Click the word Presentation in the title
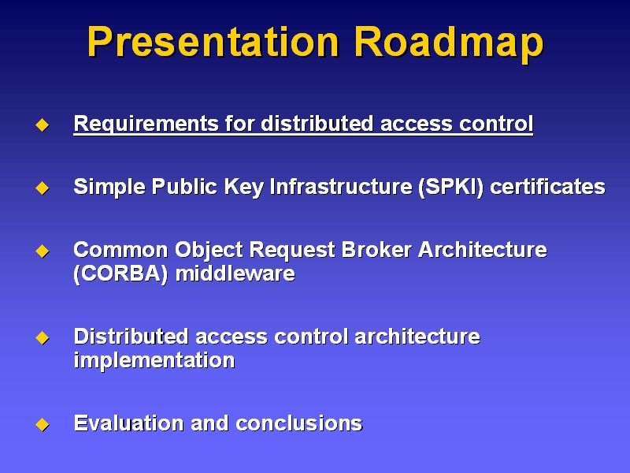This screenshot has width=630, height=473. click(213, 42)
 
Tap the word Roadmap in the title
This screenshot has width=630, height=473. click(449, 43)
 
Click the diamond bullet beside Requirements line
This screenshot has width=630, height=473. click(43, 125)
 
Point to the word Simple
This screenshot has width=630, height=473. click(109, 187)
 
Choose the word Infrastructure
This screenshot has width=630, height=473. click(341, 187)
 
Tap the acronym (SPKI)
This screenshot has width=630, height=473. click(450, 187)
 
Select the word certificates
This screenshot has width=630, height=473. click(547, 187)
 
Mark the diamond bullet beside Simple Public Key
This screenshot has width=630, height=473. click(43, 188)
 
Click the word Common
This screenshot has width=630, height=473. click(120, 250)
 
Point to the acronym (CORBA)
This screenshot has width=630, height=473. click(120, 274)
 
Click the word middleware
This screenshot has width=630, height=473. click(235, 274)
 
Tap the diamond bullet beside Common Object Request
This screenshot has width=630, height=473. click(43, 251)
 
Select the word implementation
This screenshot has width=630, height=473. click(154, 360)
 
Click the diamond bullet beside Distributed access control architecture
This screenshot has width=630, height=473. click(43, 338)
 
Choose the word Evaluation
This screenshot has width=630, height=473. click(129, 423)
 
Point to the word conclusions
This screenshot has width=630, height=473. click(299, 423)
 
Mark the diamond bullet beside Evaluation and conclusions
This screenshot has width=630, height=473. click(43, 425)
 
